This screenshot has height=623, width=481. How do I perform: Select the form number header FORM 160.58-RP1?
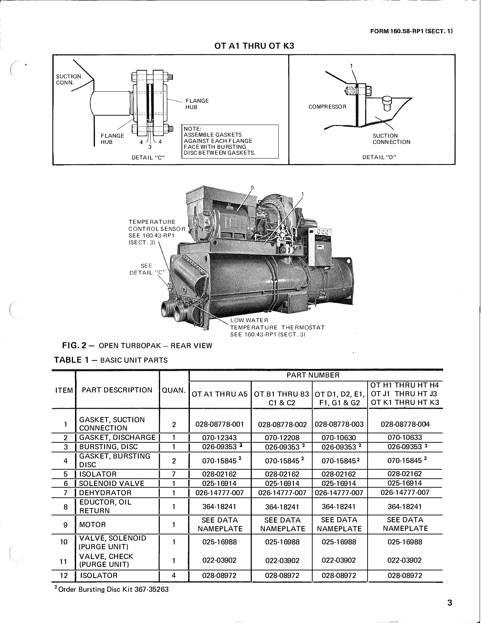coord(411,31)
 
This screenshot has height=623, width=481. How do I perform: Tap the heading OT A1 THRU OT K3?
coord(254,46)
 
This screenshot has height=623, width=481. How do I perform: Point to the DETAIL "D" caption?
coord(379,157)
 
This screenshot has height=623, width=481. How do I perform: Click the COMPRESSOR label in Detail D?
coord(327,107)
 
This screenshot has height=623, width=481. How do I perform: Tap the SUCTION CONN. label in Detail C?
coord(68,79)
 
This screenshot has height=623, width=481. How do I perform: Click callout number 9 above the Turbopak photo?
coord(252,188)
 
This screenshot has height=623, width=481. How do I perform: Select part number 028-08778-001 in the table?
coord(220,424)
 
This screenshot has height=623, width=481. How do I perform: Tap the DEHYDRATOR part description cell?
coord(105,493)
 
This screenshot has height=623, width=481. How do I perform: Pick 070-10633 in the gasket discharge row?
coord(405,437)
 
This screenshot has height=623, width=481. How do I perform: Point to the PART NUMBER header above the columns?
coord(313,375)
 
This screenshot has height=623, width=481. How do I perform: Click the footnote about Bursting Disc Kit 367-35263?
coord(111,589)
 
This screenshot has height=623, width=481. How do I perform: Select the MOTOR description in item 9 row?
coord(92,525)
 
